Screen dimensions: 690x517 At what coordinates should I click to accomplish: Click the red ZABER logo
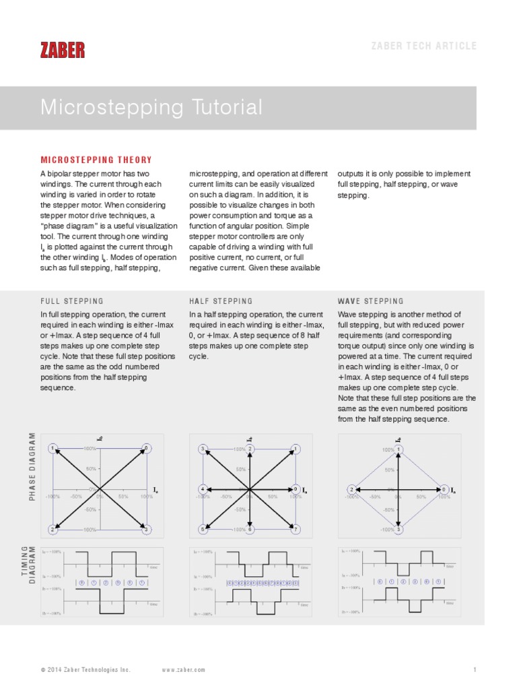click(x=63, y=49)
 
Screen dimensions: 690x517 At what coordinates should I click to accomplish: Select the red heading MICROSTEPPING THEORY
click(x=96, y=160)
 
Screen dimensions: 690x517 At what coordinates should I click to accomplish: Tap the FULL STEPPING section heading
click(x=72, y=301)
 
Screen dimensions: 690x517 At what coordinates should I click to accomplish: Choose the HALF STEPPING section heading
click(x=221, y=301)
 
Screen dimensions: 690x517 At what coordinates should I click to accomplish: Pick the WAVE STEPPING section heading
click(x=370, y=301)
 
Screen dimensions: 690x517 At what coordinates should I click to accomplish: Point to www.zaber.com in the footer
click(x=184, y=670)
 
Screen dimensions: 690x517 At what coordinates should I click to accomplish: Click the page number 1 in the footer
click(x=475, y=670)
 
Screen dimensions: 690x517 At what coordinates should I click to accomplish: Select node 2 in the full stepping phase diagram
click(x=53, y=530)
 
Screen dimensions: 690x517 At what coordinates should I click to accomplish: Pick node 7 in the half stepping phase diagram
click(x=296, y=530)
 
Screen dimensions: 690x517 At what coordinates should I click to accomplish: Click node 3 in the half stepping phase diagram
click(x=202, y=449)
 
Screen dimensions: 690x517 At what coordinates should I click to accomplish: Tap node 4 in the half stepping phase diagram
click(x=202, y=489)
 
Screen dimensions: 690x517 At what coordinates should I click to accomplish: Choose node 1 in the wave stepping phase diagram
click(x=399, y=449)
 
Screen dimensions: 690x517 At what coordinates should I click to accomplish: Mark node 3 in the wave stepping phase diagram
click(x=399, y=530)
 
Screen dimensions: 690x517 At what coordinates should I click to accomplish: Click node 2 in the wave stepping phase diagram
click(x=352, y=489)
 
